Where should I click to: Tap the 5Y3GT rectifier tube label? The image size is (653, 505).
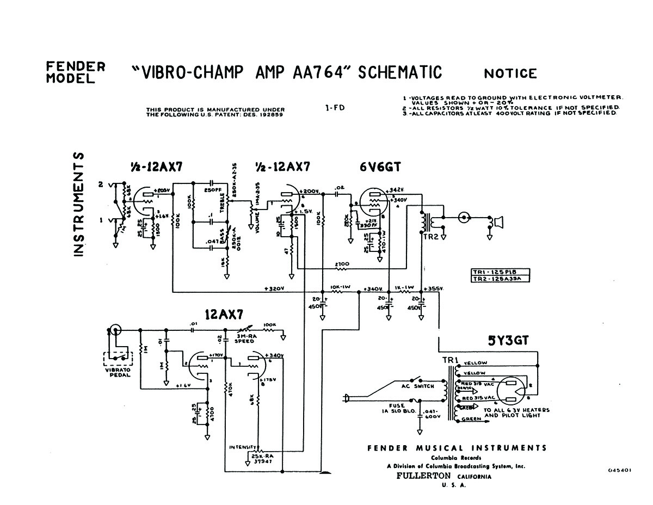[x=508, y=342]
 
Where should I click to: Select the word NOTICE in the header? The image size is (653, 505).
[x=510, y=73]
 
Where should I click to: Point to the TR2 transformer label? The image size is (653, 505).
[x=430, y=237]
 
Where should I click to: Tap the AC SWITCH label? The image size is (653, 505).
[x=418, y=386]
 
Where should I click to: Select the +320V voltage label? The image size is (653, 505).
[x=275, y=288]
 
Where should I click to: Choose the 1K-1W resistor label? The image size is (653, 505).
[x=404, y=287]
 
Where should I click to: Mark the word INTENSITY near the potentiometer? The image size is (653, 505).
[x=242, y=447]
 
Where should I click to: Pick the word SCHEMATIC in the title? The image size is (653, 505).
[x=399, y=72]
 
